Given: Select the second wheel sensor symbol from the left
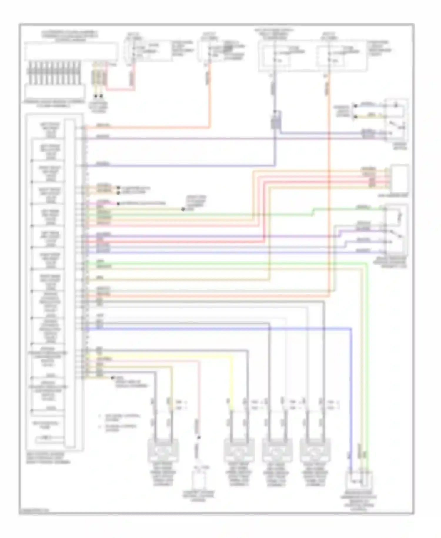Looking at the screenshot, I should [x=239, y=449].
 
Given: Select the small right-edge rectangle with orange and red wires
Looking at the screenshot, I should [x=399, y=178].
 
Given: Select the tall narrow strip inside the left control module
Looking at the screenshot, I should [x=70, y=283].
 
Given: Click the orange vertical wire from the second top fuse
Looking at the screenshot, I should [x=210, y=97].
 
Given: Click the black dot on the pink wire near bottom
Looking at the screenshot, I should [x=198, y=437].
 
